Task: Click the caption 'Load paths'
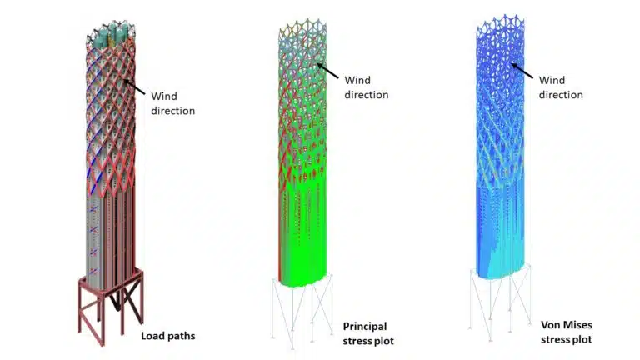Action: point(168,336)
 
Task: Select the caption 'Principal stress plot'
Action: point(368,333)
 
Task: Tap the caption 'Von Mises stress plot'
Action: point(567,332)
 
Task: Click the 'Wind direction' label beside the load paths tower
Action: point(173,103)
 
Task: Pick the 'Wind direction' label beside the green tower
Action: point(367,87)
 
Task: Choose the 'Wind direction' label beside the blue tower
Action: point(561,87)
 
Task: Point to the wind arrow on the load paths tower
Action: point(134,87)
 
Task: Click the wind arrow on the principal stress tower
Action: point(327,71)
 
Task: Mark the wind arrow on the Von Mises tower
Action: point(522,71)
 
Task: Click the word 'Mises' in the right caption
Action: point(579,325)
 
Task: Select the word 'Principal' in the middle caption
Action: point(365,327)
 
